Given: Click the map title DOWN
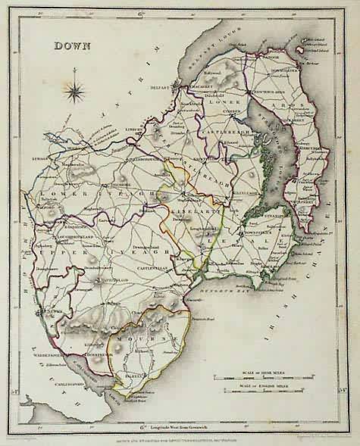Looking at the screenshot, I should (x=72, y=45).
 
